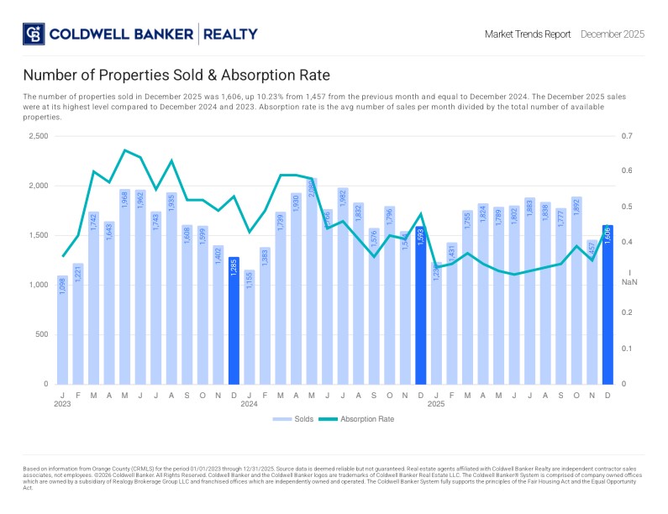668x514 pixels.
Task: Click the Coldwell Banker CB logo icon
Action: pos(33,34)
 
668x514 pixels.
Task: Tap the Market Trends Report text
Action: pos(528,34)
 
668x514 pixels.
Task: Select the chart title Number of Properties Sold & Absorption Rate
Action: pos(176,75)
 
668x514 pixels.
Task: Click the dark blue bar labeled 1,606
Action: pos(608,304)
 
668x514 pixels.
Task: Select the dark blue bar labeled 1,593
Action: pos(421,305)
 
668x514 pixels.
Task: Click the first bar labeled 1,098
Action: pos(62,329)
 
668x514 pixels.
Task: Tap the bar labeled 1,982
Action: pos(343,286)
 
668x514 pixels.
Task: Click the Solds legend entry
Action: pos(293,418)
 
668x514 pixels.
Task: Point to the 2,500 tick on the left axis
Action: pos(37,136)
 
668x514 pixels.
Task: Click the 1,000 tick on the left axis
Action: pos(37,285)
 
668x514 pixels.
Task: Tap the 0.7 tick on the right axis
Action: pos(627,136)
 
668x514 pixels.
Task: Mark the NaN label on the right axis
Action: pos(629,282)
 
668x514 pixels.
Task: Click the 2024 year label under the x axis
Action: pos(250,404)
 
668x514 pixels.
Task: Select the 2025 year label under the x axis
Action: pos(436,404)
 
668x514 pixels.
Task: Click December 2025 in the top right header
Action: pos(613,34)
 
